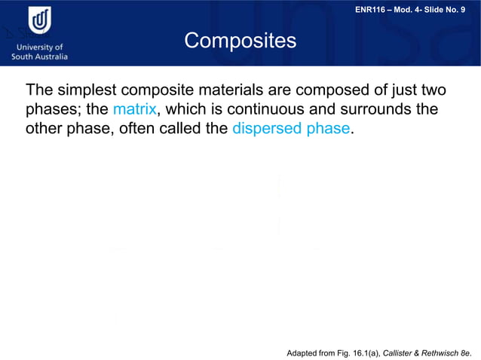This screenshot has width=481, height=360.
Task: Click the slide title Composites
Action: click(x=240, y=41)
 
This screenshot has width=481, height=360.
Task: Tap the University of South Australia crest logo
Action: click(x=40, y=22)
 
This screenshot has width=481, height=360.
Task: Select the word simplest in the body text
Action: click(x=85, y=90)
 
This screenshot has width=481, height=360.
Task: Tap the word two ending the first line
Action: click(x=431, y=90)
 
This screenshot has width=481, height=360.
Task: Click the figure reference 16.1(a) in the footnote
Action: click(x=366, y=352)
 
